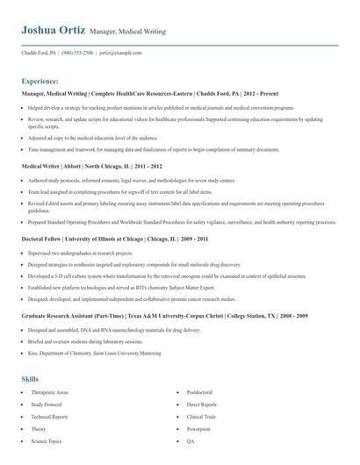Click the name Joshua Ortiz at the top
[x=54, y=30]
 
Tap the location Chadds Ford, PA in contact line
[x=40, y=53]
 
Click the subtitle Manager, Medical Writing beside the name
[x=127, y=32]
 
